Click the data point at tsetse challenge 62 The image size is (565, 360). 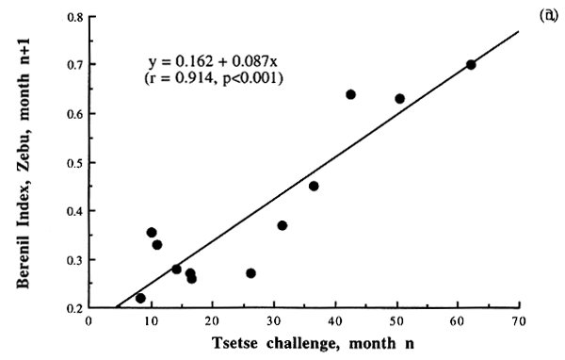(x=471, y=64)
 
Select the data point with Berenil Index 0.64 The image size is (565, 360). (x=350, y=94)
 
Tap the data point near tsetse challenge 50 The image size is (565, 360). (x=399, y=98)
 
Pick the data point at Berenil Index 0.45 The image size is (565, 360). (x=314, y=186)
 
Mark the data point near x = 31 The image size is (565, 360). (x=282, y=225)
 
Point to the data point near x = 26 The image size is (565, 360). (x=250, y=273)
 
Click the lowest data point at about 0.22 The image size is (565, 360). (x=140, y=298)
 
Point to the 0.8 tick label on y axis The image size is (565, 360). (x=72, y=16)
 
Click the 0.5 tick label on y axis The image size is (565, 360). (x=72, y=162)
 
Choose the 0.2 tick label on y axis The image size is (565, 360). (x=72, y=308)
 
